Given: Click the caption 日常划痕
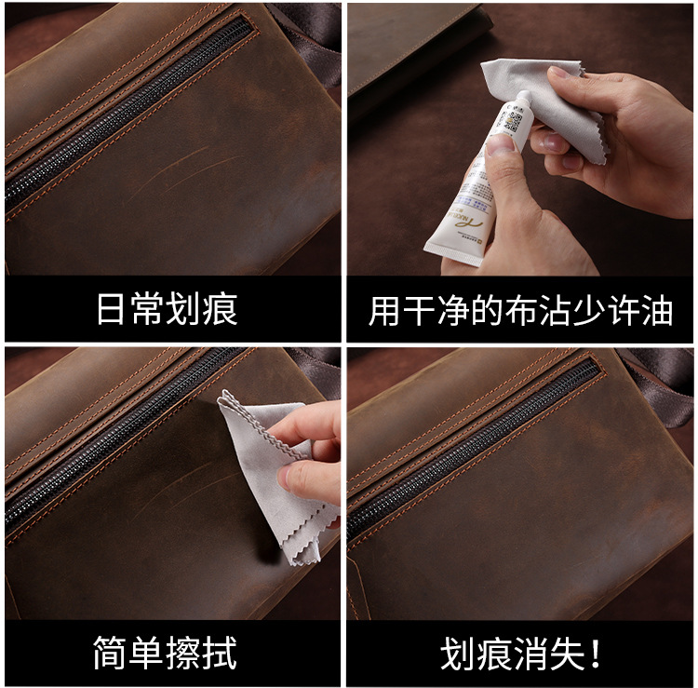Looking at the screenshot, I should click(168, 309).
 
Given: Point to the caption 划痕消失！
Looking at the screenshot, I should click(521, 654).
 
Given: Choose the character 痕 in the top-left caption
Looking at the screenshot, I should click(221, 309).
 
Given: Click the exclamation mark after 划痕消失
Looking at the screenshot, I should click(596, 654).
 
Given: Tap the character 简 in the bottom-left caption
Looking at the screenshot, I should click(110, 653).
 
